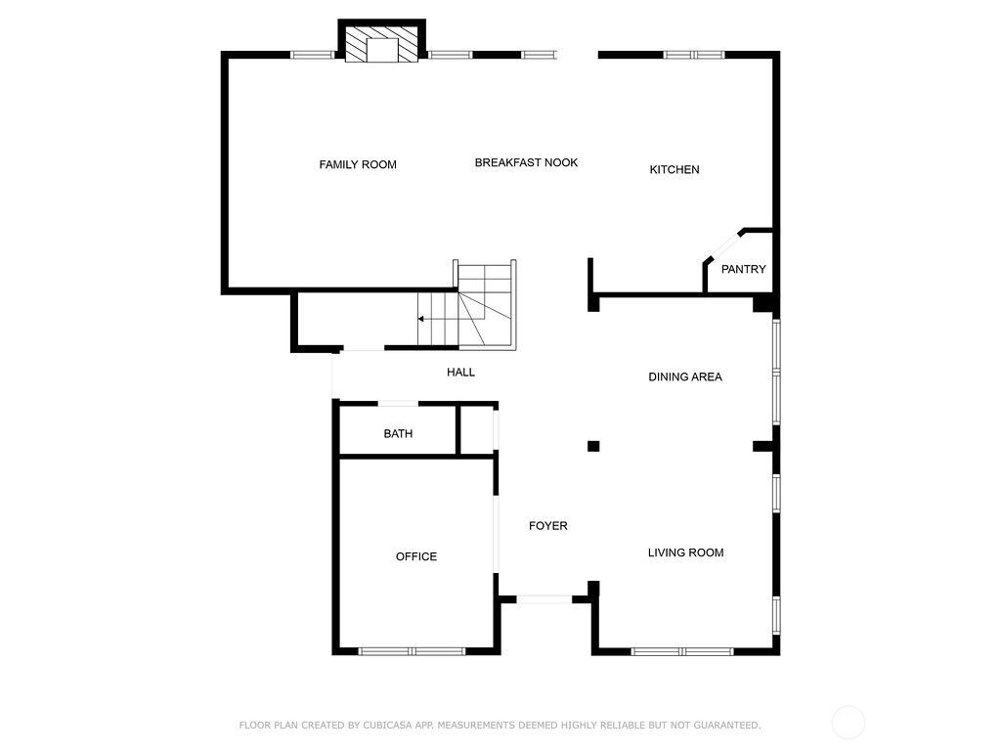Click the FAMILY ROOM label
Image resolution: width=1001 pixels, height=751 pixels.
click(358, 164)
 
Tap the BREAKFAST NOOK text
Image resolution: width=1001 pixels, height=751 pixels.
click(526, 163)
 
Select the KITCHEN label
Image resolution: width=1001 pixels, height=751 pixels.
click(675, 170)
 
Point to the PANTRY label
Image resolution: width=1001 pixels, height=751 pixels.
click(743, 270)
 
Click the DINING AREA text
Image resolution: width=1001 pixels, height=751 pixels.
click(685, 377)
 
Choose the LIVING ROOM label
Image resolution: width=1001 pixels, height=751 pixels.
click(685, 553)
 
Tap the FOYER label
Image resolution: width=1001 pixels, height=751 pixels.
click(547, 526)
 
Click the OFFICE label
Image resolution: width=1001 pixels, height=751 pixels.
click(416, 556)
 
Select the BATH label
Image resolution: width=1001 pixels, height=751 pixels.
click(398, 434)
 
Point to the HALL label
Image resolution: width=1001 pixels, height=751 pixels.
click(460, 373)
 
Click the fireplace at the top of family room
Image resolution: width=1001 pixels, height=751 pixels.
click(382, 44)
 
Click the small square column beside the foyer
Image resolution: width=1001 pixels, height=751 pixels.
click(593, 446)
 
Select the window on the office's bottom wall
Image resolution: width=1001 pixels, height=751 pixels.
click(412, 651)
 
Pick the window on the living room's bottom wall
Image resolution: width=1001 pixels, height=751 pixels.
click(682, 651)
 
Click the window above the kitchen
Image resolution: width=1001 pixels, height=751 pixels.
click(694, 55)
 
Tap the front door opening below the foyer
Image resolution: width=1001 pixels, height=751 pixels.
click(544, 599)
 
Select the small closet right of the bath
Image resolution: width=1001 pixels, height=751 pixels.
click(477, 430)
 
